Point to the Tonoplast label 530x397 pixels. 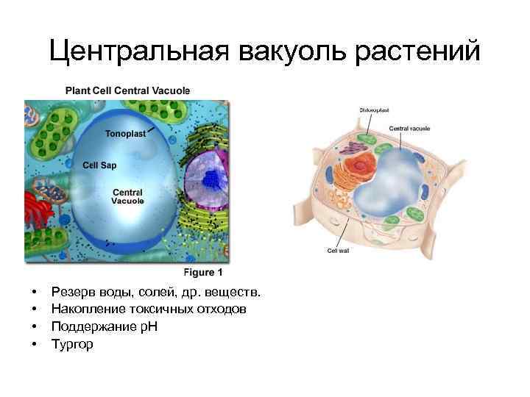click(x=126, y=135)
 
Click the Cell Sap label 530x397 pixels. click(x=99, y=165)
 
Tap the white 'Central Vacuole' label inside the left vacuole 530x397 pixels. click(x=127, y=196)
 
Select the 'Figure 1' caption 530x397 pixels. click(x=203, y=271)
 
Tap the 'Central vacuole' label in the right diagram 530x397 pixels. click(x=410, y=128)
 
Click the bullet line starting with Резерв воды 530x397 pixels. click(x=155, y=293)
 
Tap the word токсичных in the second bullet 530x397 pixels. click(x=166, y=310)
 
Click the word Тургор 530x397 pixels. click(x=72, y=343)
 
